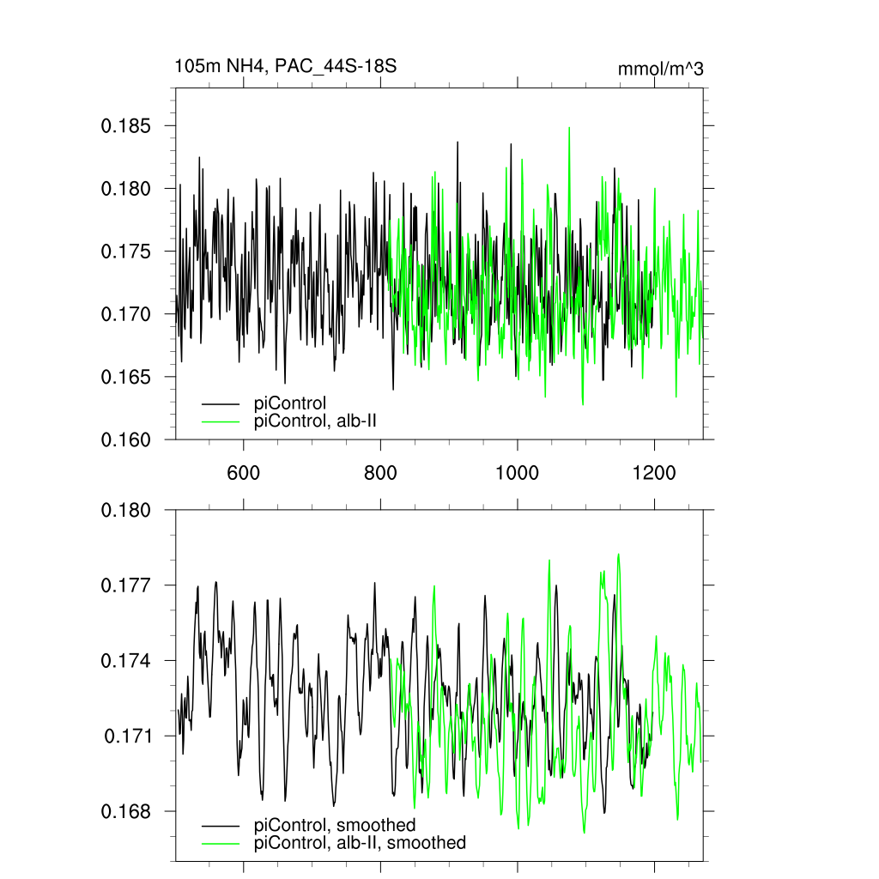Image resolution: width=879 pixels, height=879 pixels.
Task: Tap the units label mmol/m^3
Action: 660,69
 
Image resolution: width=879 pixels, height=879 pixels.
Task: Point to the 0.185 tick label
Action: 126,126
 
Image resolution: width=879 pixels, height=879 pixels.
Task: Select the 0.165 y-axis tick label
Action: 126,377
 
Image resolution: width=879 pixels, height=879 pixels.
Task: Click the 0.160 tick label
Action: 126,439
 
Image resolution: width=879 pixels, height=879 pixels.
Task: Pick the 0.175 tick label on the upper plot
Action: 126,252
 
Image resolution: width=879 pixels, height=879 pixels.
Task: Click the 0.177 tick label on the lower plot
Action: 127,585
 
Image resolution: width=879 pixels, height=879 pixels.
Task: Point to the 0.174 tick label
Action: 127,661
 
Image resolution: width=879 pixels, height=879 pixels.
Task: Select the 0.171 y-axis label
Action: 129,737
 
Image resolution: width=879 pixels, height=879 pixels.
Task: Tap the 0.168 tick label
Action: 127,811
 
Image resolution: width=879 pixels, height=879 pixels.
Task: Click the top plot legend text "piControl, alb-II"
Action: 316,421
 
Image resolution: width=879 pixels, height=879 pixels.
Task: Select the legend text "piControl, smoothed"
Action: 336,826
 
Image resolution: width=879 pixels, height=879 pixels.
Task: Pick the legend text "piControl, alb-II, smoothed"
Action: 361,843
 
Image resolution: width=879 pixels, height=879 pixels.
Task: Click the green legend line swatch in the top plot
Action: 220,421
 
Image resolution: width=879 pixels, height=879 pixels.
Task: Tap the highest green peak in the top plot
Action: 568,128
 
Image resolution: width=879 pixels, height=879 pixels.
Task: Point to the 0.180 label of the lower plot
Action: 127,511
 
